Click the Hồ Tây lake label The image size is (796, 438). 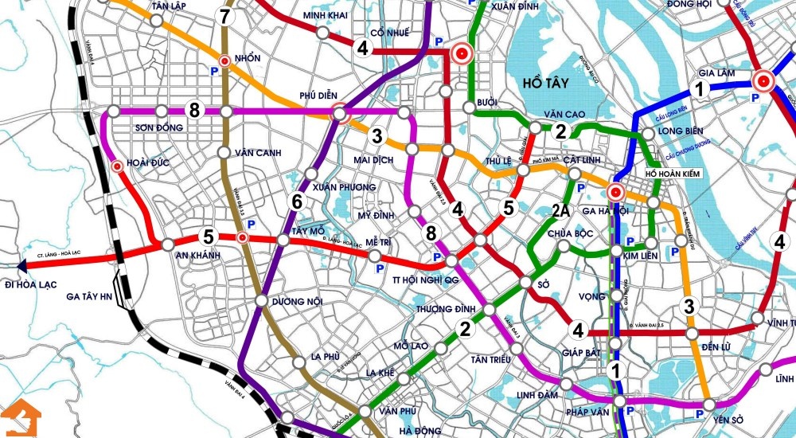tap(548, 83)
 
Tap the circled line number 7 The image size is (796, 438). tap(225, 16)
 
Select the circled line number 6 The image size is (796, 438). tap(297, 201)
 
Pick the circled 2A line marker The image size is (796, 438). tap(560, 211)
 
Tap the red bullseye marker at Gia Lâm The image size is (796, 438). tap(763, 80)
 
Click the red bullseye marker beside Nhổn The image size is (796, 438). tap(225, 60)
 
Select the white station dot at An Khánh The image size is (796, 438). tap(168, 244)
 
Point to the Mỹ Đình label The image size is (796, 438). tap(377, 216)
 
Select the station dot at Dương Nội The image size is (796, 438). tap(261, 300)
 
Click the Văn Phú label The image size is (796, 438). tap(399, 411)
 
